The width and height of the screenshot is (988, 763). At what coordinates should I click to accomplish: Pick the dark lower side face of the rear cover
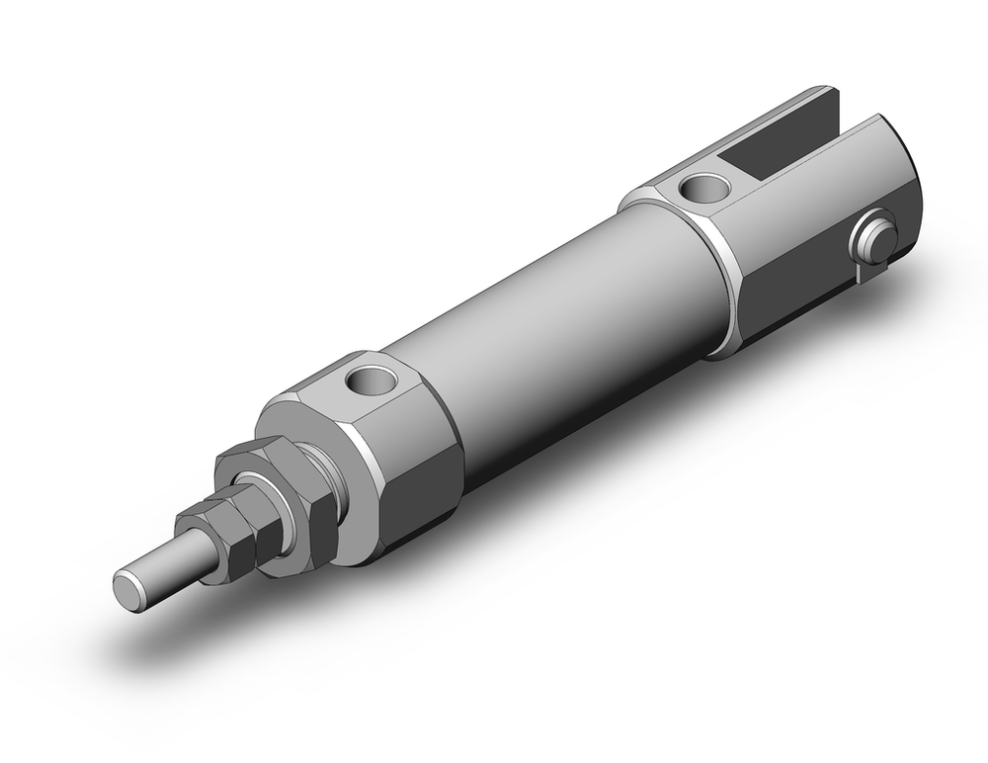pos(790,306)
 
